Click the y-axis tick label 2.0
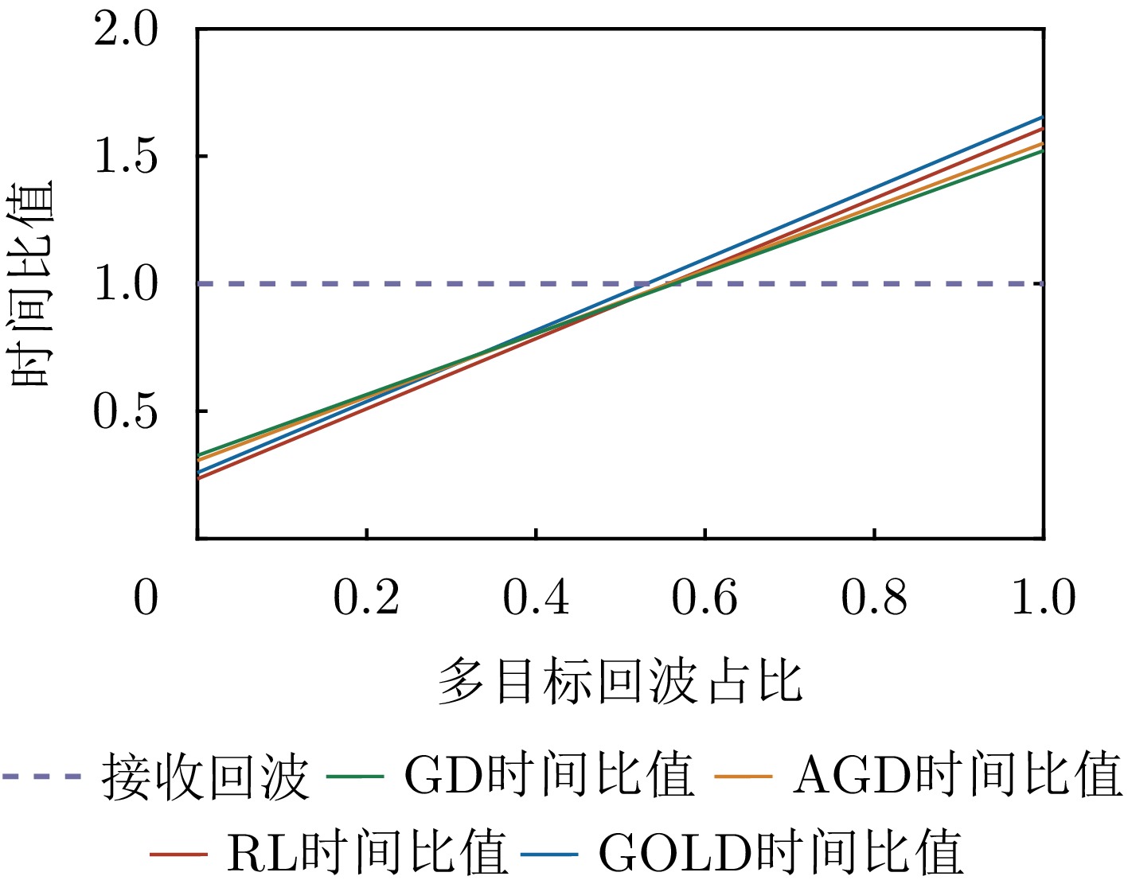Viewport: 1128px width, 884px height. tap(126, 32)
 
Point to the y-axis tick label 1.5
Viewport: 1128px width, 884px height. tap(126, 158)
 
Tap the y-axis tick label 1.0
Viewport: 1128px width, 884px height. tap(126, 284)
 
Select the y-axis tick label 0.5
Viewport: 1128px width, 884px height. tap(126, 411)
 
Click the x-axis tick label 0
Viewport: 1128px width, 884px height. tap(146, 598)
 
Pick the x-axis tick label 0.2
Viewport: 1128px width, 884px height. tap(366, 598)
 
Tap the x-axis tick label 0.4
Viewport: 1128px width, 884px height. tap(536, 598)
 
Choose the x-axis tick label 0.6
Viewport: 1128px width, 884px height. tap(705, 598)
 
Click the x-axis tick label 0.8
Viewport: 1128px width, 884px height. tap(874, 598)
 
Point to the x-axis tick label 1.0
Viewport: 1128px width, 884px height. tap(1043, 598)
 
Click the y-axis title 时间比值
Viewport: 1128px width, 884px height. tap(33, 284)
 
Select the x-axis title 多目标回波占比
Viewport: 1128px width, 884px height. tap(620, 682)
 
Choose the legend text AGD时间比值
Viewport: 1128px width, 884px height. tap(957, 775)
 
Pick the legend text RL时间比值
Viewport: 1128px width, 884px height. tap(367, 853)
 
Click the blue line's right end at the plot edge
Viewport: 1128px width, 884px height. tap(1042, 117)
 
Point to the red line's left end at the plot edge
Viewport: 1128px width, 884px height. tap(199, 477)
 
